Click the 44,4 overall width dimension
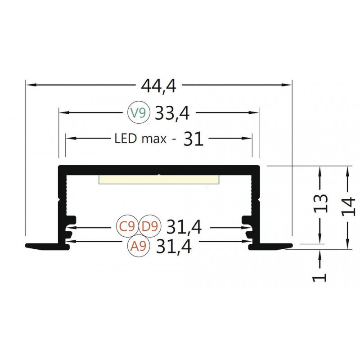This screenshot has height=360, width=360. [x=158, y=85]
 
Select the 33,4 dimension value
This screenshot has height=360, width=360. [x=172, y=113]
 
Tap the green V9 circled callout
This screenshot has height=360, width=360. [x=138, y=113]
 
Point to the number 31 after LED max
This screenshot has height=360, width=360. [x=193, y=139]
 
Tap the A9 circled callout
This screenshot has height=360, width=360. [x=137, y=246]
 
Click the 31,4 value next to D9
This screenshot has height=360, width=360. [x=184, y=227]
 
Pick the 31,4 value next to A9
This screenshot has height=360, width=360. [x=173, y=247]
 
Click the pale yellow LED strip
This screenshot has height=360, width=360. [x=159, y=180]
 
